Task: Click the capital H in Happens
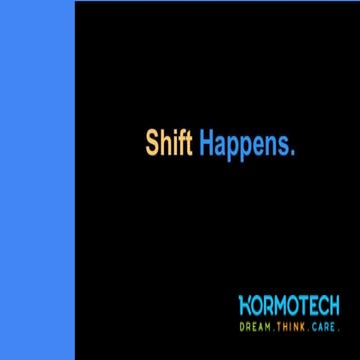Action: point(207,143)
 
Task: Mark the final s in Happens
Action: point(284,146)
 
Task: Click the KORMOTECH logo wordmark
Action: point(290,304)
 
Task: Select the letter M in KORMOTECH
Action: point(279,304)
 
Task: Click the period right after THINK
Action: point(308,328)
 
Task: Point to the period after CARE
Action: point(339,328)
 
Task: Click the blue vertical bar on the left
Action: point(37,180)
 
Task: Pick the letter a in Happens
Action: point(222,146)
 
